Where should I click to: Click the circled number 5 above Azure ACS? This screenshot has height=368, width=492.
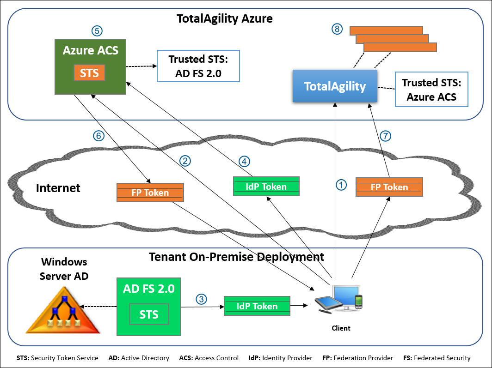[97, 31]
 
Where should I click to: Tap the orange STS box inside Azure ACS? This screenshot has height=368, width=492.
[89, 73]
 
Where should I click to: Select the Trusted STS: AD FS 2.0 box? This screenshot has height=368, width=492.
[198, 66]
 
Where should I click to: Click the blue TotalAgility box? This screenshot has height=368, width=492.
[335, 86]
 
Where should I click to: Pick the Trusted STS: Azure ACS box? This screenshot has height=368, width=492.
[431, 90]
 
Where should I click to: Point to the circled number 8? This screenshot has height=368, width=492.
[338, 29]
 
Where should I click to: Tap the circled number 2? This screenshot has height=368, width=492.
[185, 161]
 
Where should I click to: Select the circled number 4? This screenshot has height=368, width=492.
[244, 161]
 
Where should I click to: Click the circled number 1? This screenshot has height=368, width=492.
[341, 185]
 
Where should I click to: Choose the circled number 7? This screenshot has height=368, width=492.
[386, 136]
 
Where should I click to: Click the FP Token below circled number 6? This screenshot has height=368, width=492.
[150, 193]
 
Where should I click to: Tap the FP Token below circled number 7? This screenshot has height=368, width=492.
[389, 187]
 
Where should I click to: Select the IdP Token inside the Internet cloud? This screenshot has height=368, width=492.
[266, 187]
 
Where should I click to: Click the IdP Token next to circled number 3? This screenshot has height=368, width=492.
[257, 306]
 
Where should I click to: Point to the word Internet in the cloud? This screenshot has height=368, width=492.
[58, 188]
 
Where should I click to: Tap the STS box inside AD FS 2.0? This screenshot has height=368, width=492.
[148, 314]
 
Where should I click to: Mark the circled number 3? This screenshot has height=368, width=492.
[201, 299]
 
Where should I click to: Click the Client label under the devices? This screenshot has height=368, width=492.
[341, 328]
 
